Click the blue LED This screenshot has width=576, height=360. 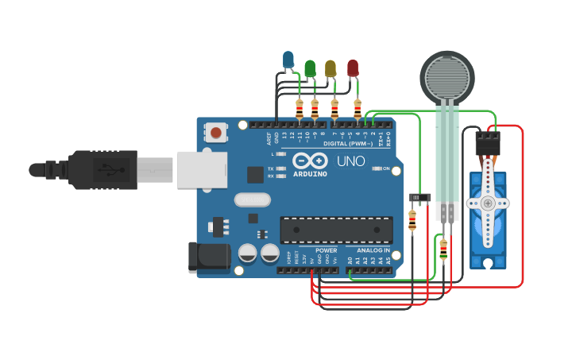(288, 60)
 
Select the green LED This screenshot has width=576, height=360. (310, 68)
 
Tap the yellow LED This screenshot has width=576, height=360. (331, 68)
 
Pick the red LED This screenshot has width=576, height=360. (353, 68)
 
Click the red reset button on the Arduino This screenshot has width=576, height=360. (215, 132)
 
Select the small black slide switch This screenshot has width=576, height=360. (419, 197)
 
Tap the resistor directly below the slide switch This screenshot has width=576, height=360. (412, 220)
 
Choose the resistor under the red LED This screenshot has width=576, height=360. (357, 108)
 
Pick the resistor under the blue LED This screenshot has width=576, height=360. (299, 108)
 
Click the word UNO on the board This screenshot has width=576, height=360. (350, 161)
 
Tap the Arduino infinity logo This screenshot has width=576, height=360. (310, 159)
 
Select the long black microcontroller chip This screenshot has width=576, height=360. (335, 230)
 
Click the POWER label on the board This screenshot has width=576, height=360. (326, 250)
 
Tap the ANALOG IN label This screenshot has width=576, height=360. (373, 250)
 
